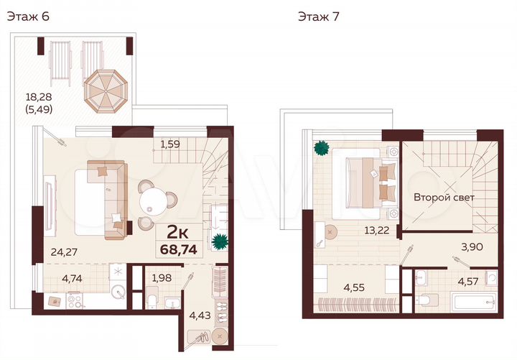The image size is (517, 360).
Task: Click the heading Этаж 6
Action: pyautogui.click(x=28, y=17)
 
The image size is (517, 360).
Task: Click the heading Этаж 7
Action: pyautogui.click(x=319, y=17)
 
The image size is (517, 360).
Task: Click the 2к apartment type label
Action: pyautogui.click(x=178, y=231)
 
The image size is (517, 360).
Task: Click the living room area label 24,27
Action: pyautogui.click(x=65, y=251)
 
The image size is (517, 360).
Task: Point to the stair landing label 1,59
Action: pyautogui.click(x=169, y=144)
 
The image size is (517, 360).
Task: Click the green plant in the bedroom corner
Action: pyautogui.click(x=320, y=149)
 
